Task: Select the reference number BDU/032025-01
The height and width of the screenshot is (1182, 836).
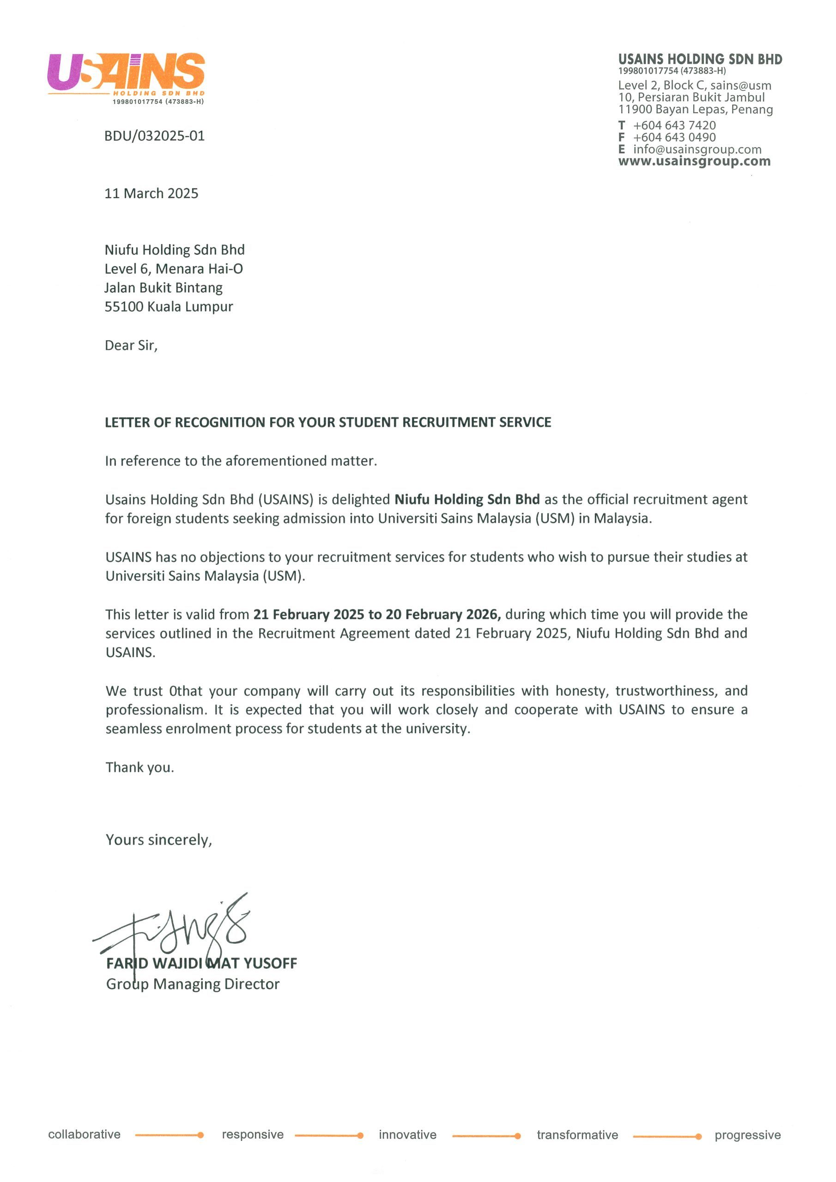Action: tap(155, 136)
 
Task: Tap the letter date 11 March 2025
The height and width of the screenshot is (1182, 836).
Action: tap(151, 193)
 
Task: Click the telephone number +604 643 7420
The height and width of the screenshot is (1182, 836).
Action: tap(674, 125)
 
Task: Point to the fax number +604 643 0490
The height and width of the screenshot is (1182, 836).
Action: tap(674, 138)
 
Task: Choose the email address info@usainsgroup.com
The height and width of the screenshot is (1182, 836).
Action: tap(697, 149)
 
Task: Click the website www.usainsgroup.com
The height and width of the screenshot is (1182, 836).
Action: tap(694, 161)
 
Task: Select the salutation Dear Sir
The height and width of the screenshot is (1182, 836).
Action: tap(131, 345)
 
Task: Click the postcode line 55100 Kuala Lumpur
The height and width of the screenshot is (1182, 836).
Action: tap(169, 307)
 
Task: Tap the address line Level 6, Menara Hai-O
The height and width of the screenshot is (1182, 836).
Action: tap(174, 269)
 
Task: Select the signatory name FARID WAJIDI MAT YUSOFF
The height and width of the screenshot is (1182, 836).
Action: tap(201, 963)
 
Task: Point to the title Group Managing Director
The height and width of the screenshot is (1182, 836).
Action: tap(193, 984)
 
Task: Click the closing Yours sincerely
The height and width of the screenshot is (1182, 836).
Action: tap(158, 840)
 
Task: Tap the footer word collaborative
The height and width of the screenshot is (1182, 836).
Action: tap(84, 1134)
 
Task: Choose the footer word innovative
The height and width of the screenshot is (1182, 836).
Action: tap(407, 1134)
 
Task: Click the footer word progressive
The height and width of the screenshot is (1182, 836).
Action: tap(747, 1135)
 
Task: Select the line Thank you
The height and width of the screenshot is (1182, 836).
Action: tap(139, 767)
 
